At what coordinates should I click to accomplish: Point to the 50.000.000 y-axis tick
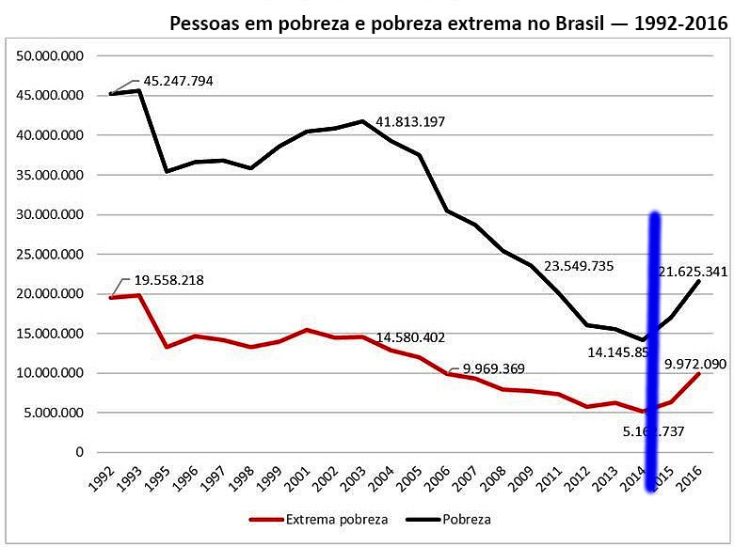tap(51, 56)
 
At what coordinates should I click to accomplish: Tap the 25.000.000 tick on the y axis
tap(51, 255)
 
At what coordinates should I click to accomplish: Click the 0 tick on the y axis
tap(79, 452)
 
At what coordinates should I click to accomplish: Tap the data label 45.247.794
tap(178, 81)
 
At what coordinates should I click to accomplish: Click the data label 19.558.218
tap(168, 280)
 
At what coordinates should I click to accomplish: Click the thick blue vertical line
tap(652, 357)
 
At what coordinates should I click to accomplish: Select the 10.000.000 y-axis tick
tap(51, 373)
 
